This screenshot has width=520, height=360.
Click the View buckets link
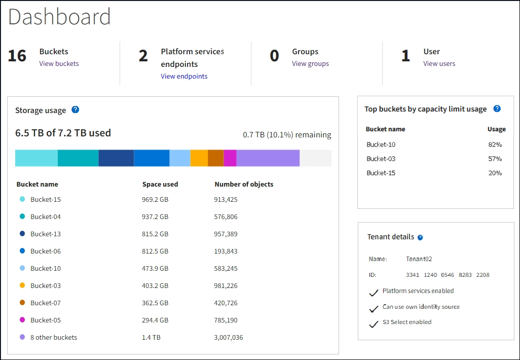coord(59,64)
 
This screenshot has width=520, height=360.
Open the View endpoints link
coord(184,77)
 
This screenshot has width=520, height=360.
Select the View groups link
coord(310,64)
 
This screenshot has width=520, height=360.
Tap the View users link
coord(439,64)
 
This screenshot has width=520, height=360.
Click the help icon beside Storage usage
coord(75,110)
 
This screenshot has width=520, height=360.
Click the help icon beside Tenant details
coord(420,237)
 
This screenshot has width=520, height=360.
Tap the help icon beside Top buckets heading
coord(497,109)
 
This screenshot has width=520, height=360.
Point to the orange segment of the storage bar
coord(199,158)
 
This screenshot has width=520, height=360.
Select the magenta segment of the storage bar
coord(230,158)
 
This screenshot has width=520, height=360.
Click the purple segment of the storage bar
coord(268,158)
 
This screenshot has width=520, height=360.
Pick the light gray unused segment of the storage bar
coord(315,158)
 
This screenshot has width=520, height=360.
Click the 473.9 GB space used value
coord(155,269)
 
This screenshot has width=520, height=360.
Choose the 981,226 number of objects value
coord(226,286)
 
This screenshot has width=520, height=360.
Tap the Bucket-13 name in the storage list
coord(46,234)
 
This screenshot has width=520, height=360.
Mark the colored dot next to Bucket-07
coord(22,303)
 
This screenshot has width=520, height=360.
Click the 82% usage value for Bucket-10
coord(495,145)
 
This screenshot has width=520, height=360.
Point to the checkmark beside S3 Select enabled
coord(374,323)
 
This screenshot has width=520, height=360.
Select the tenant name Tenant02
coord(419,259)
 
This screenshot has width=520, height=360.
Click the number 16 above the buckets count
coord(17,56)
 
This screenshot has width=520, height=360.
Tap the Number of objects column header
coord(244,185)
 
